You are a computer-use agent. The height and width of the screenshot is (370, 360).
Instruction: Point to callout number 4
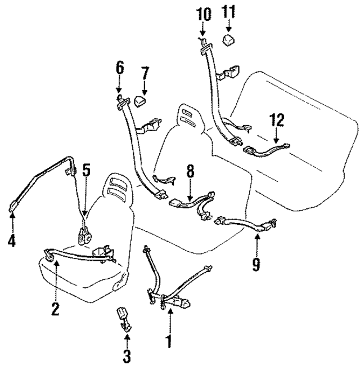pyautogui.click(x=12, y=242)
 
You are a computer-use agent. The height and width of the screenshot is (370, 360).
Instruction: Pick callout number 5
pyautogui.click(x=86, y=170)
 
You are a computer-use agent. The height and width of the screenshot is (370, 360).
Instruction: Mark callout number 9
pyautogui.click(x=256, y=264)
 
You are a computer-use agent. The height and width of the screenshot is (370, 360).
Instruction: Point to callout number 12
pyautogui.click(x=276, y=120)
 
